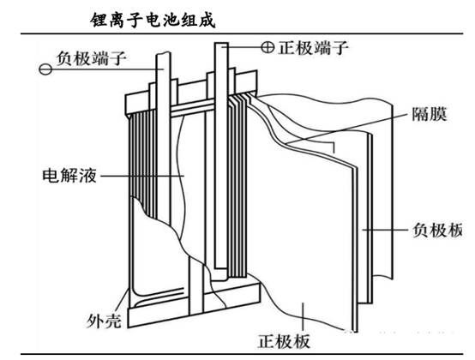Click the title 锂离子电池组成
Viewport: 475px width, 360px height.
(153, 21)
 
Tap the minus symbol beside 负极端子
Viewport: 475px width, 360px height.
(45, 69)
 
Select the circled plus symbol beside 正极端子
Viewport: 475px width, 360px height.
(268, 47)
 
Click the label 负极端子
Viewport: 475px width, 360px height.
(92, 58)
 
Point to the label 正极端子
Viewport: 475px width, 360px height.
(313, 47)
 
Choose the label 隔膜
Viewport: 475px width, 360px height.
(430, 115)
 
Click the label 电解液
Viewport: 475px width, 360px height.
(69, 176)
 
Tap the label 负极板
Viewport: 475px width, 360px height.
(438, 230)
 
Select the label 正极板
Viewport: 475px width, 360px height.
(284, 341)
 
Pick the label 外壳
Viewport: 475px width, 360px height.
(104, 321)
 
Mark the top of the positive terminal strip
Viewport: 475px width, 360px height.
(221, 44)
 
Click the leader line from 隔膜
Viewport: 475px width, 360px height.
(348, 129)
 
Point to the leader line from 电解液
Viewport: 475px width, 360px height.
(142, 176)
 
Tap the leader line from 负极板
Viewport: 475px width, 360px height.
(385, 230)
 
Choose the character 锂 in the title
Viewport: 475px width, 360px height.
(99, 21)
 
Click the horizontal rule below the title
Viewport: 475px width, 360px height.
(242, 33)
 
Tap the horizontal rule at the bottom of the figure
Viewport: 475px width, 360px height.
(242, 354)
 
